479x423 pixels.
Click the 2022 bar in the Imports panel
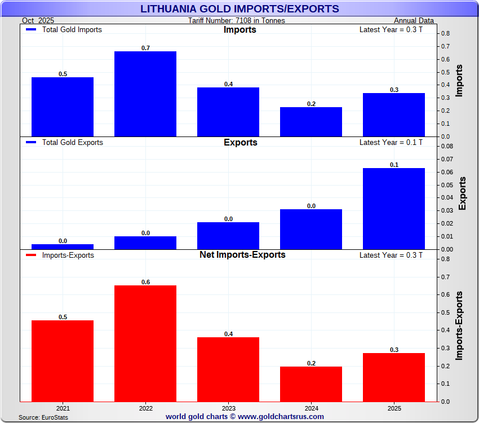click(145, 94)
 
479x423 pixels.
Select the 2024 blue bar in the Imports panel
click(311, 122)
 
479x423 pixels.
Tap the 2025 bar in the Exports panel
click(394, 208)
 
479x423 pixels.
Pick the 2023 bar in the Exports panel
click(228, 235)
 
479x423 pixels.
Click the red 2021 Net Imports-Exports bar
click(63, 361)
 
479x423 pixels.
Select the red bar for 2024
click(311, 384)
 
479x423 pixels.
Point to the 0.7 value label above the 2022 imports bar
click(145, 48)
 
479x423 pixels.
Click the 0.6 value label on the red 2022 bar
click(145, 282)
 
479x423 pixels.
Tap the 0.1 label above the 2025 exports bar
click(394, 165)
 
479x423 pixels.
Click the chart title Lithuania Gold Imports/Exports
click(239, 9)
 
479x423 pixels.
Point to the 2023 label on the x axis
click(228, 407)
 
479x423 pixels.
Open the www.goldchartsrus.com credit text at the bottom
click(245, 417)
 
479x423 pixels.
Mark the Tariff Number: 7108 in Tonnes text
click(237, 21)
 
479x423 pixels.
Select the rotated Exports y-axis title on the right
click(463, 193)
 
